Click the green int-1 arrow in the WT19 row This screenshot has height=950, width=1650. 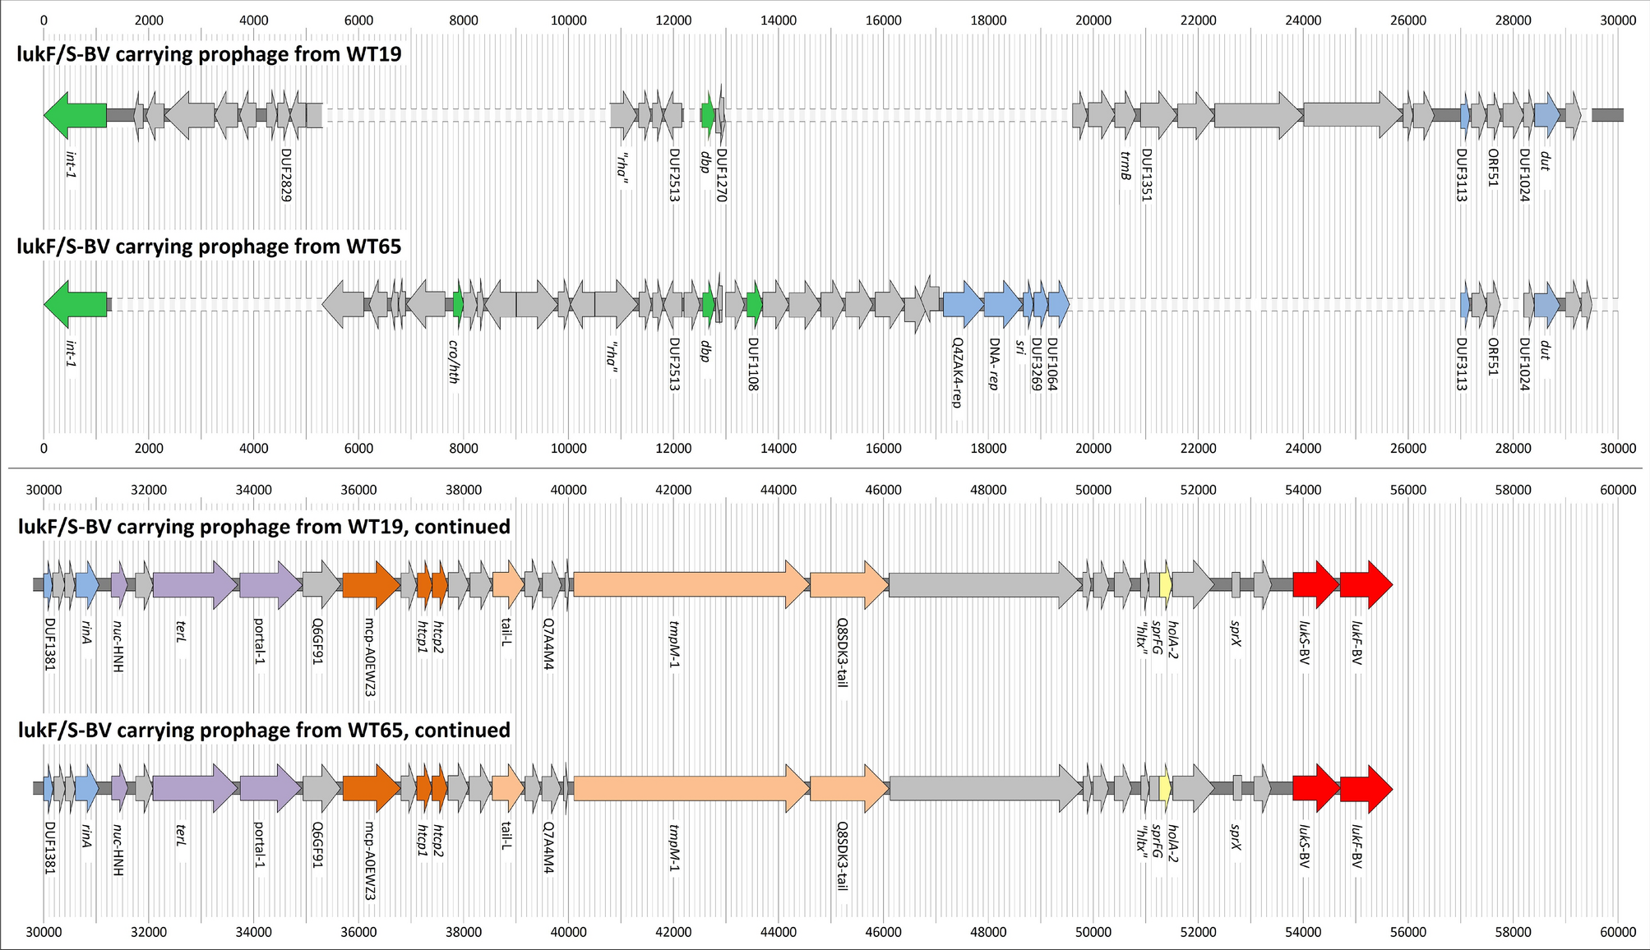coord(76,115)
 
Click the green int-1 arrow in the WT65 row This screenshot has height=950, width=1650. coord(76,304)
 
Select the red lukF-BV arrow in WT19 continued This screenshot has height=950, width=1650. coord(1366,585)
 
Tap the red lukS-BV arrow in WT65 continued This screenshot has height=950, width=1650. coord(1315,789)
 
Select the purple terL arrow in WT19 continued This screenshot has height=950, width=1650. coord(194,585)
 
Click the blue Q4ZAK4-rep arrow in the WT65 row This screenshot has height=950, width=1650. coord(962,304)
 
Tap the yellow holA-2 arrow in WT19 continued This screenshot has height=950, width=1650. coord(1165,585)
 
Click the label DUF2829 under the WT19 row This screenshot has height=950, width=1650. coord(286,175)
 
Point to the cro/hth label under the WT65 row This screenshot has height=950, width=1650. coord(453,362)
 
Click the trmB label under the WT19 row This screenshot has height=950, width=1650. coord(1126,165)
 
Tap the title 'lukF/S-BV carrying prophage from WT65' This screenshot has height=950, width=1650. coord(209,247)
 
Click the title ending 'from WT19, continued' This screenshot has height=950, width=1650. coord(264,527)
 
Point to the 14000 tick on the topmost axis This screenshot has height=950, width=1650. coord(778,21)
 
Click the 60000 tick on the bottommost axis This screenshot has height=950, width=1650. coord(1617,932)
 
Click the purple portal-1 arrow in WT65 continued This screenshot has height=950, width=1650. coord(270,789)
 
